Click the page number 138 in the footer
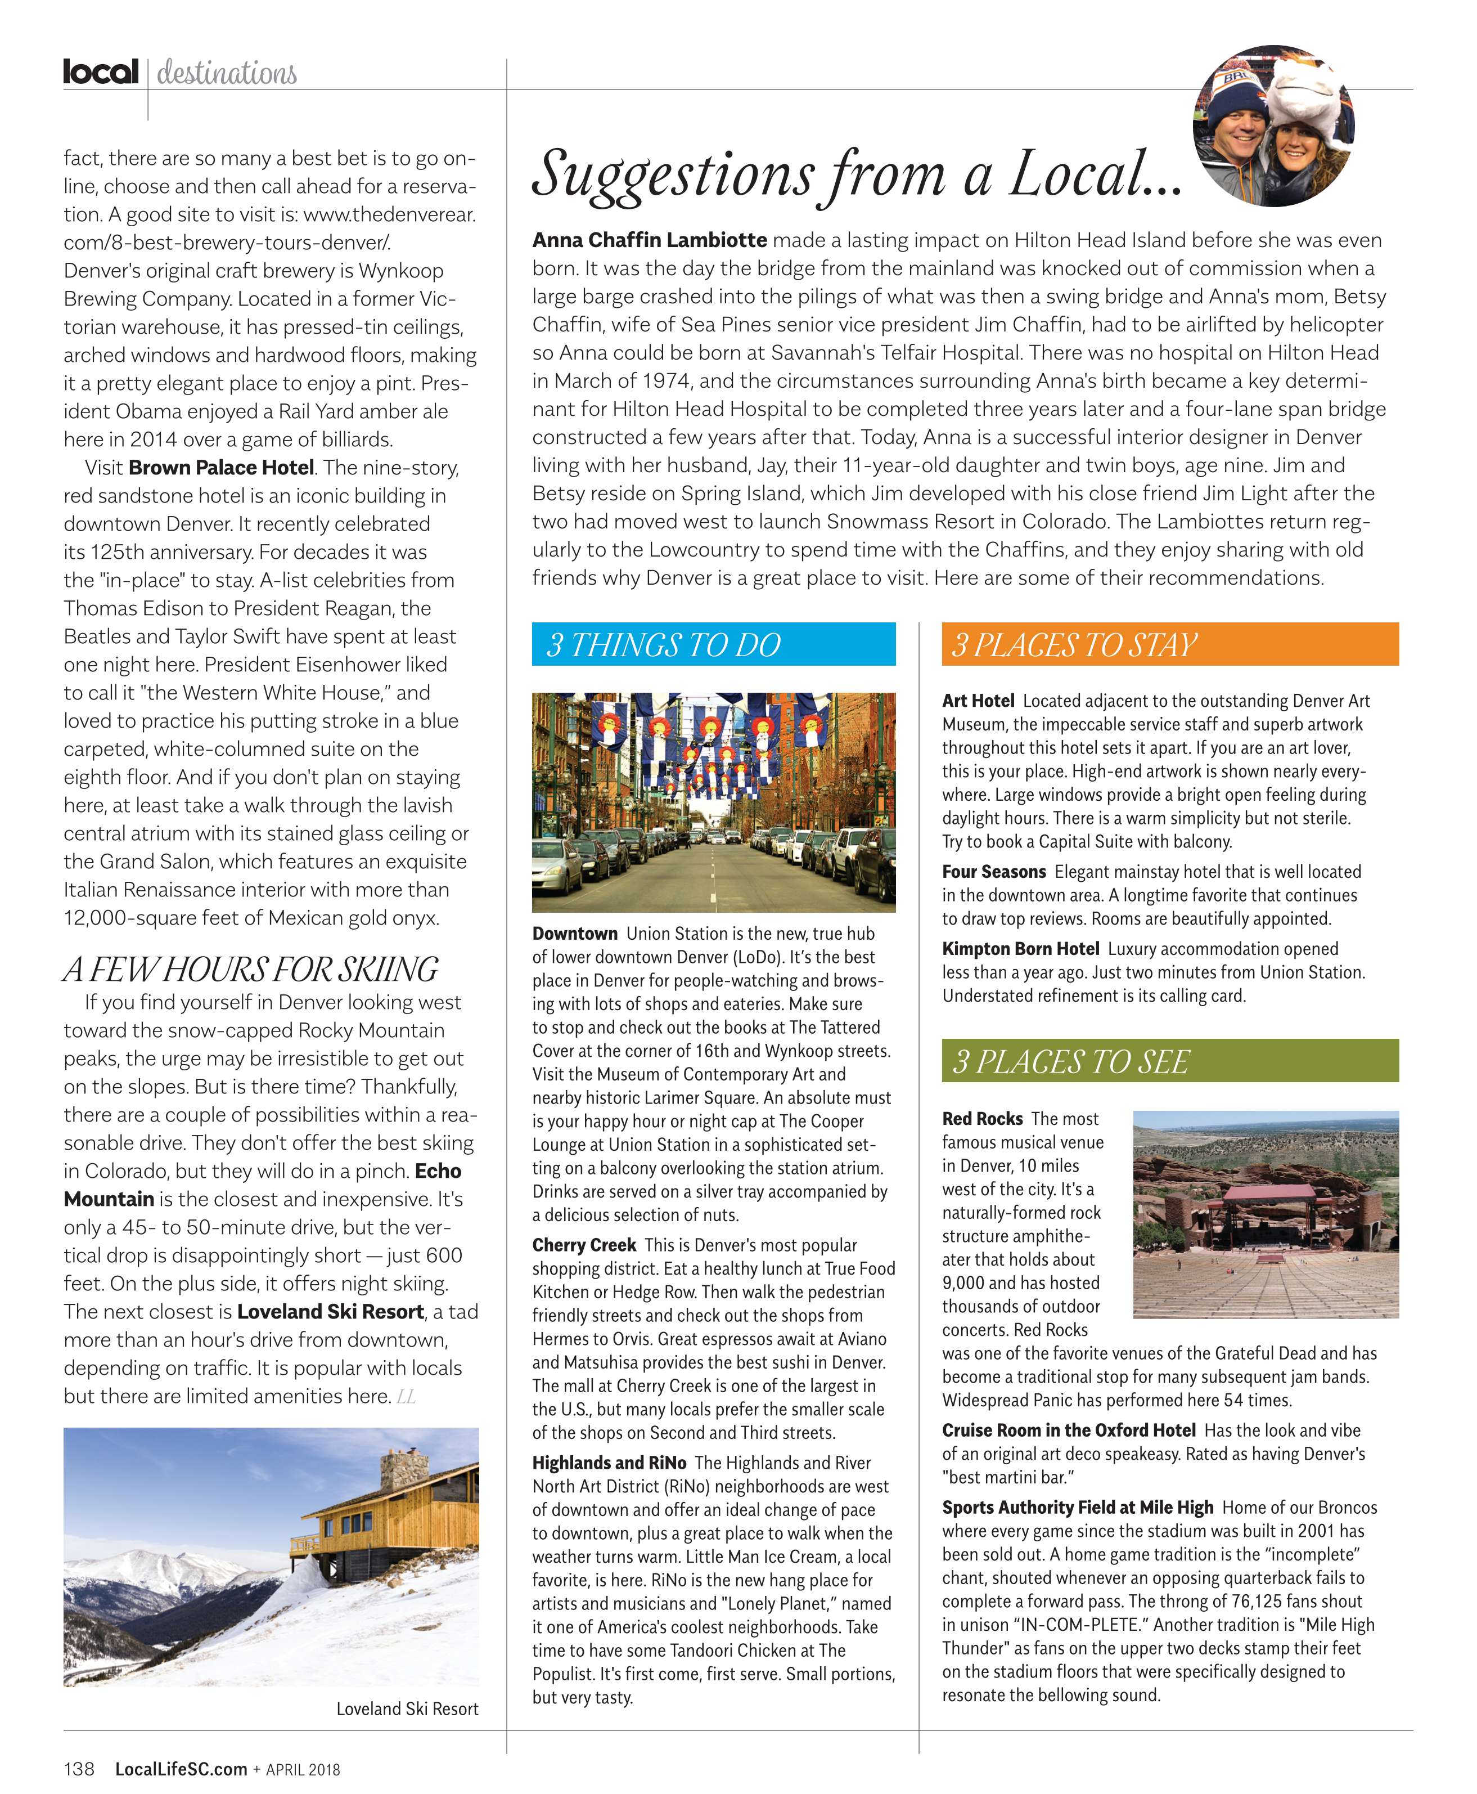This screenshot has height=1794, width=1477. pos(79,1769)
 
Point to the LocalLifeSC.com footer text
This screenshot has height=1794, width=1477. pos(181,1769)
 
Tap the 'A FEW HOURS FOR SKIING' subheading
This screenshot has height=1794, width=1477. pos(250,970)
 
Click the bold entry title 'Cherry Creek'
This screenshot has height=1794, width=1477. pos(584,1245)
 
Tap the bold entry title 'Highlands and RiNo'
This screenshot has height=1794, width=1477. pos(609,1463)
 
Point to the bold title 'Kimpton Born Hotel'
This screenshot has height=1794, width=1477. pos(1020,949)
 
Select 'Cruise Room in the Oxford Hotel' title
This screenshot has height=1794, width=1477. pos(1068,1430)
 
